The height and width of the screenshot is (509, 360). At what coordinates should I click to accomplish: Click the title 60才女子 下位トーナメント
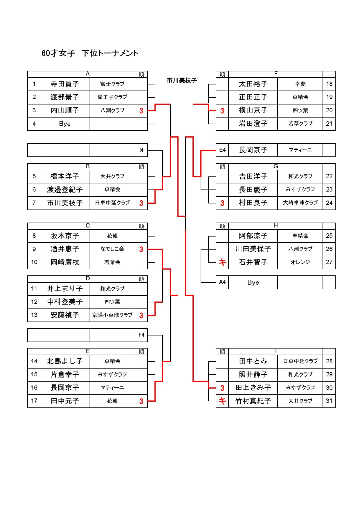[x=90, y=53]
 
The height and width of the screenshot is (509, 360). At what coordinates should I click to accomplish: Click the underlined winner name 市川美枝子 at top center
[x=182, y=80]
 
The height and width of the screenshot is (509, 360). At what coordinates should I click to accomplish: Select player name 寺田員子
[x=65, y=84]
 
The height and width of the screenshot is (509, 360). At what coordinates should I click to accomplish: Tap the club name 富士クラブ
[x=112, y=84]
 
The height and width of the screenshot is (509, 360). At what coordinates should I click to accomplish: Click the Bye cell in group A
[x=65, y=124]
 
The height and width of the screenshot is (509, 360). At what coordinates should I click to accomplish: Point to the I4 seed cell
[x=141, y=150]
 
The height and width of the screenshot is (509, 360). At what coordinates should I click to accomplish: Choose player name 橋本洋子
[x=65, y=176]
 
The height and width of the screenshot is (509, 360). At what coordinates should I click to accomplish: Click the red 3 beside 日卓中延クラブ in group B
[x=141, y=203]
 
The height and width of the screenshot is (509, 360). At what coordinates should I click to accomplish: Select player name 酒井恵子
[x=65, y=249]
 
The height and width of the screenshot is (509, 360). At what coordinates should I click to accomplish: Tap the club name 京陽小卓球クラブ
[x=112, y=315]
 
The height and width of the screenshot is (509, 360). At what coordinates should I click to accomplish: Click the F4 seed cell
[x=141, y=335]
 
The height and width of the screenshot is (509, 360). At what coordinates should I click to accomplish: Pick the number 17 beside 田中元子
[x=34, y=401]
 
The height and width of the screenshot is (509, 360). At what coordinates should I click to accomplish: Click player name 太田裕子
[x=253, y=84]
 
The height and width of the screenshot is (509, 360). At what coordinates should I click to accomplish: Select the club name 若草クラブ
[x=300, y=124]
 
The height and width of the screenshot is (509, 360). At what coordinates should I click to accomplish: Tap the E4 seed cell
[x=222, y=150]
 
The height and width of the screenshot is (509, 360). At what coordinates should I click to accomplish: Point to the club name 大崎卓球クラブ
[x=300, y=203]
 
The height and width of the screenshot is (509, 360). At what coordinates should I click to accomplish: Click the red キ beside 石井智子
[x=222, y=262]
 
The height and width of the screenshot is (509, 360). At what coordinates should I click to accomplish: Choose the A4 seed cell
[x=222, y=282]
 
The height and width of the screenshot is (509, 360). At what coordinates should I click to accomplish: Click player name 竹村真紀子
[x=253, y=401]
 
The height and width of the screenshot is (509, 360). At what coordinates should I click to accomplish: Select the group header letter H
[x=276, y=226]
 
